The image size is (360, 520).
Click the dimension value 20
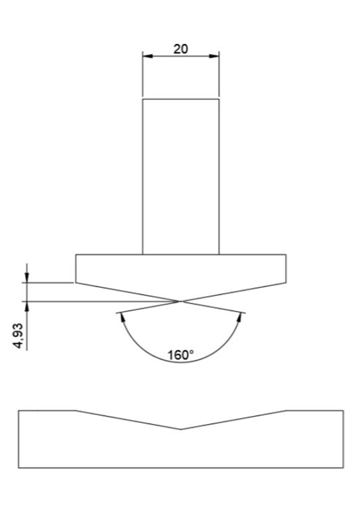[x=180, y=49]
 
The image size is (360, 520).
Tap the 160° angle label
[x=180, y=355]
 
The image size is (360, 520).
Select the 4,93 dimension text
[x=18, y=335]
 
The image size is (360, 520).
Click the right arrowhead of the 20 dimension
[x=214, y=56]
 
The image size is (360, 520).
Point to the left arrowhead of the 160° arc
[x=122, y=317]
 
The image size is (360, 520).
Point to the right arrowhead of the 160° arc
[x=239, y=317]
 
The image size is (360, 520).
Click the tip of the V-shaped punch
[x=180, y=301]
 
